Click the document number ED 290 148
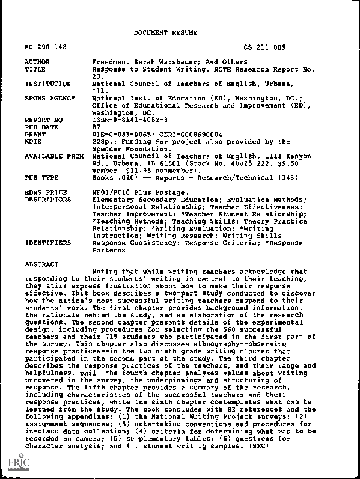pyautogui.click(x=45, y=47)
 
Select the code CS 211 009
pyautogui.click(x=265, y=47)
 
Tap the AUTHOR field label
pyautogui.click(x=37, y=62)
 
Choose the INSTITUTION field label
pyautogui.click(x=47, y=84)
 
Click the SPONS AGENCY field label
pyautogui.click(x=49, y=98)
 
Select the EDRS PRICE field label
pyautogui.click(x=45, y=192)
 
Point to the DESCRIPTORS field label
pyautogui.click(x=47, y=200)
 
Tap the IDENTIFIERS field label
pyautogui.click(x=47, y=243)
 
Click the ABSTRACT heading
pyautogui.click(x=41, y=264)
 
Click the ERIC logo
pyautogui.click(x=13, y=463)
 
